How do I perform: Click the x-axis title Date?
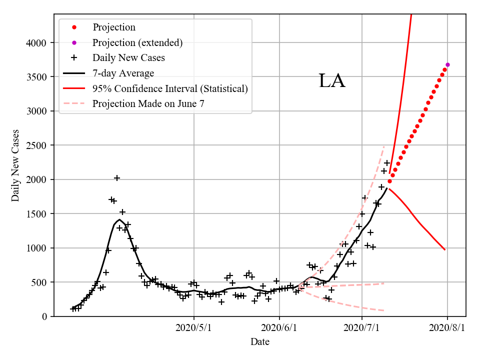(x=260, y=342)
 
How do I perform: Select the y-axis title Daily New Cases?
(x=15, y=165)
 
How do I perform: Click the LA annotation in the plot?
(x=332, y=81)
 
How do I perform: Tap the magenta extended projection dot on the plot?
(x=447, y=64)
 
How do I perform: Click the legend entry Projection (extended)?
(x=137, y=42)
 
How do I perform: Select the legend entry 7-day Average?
(x=123, y=73)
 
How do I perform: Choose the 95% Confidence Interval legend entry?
(x=170, y=88)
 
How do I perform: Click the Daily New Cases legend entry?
(x=128, y=57)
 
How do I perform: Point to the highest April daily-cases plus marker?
(x=117, y=178)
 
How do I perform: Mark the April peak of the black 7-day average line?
(x=119, y=219)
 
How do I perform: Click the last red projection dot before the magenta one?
(x=445, y=69)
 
